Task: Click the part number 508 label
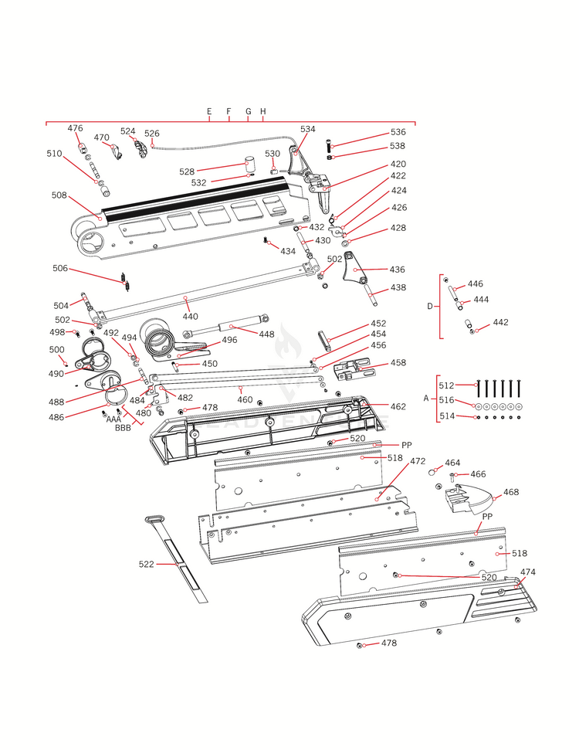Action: coord(59,195)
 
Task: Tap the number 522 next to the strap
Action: coord(147,565)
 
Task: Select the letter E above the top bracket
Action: coord(209,112)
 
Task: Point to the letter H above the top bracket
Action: coord(263,112)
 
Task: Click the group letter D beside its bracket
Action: coord(430,307)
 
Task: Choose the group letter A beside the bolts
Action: coord(425,399)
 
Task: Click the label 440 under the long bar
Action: coord(190,317)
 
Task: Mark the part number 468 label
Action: coord(511,491)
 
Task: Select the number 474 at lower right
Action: coord(527,572)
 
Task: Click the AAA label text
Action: coord(113,419)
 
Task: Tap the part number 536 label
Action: coord(398,132)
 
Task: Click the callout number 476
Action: coord(75,128)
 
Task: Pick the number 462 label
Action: coord(398,406)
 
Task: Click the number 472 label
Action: coord(418,461)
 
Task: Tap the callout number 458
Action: coord(398,362)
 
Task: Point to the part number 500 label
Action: coord(56,350)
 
